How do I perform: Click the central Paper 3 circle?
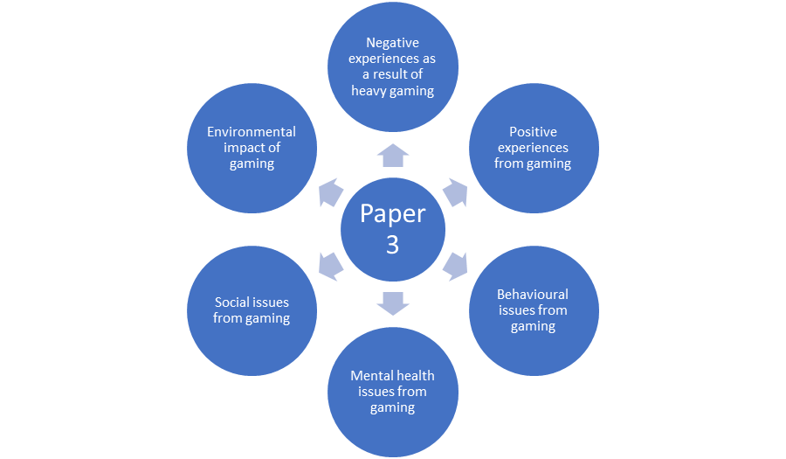pos(393,229)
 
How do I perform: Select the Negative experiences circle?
pos(393,66)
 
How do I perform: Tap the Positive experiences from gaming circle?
pos(533,148)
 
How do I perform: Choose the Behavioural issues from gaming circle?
pos(533,310)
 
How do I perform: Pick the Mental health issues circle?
pos(393,391)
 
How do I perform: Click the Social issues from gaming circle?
pos(252,310)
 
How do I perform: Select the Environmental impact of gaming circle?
pos(252,148)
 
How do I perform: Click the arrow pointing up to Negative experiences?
pos(393,155)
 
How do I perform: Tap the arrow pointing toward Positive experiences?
pos(456,192)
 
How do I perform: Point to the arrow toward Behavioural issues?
pos(456,266)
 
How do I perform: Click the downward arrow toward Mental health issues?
pos(393,303)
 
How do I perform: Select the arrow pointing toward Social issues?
pos(330,266)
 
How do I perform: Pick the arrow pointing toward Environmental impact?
pos(330,192)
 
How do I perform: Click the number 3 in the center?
pos(393,245)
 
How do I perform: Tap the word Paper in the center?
pos(393,214)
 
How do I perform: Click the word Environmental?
pos(252,132)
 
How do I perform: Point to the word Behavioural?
pos(533,295)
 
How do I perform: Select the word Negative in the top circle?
pos(393,43)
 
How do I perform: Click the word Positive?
pos(533,132)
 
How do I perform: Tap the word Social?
pos(231,303)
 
